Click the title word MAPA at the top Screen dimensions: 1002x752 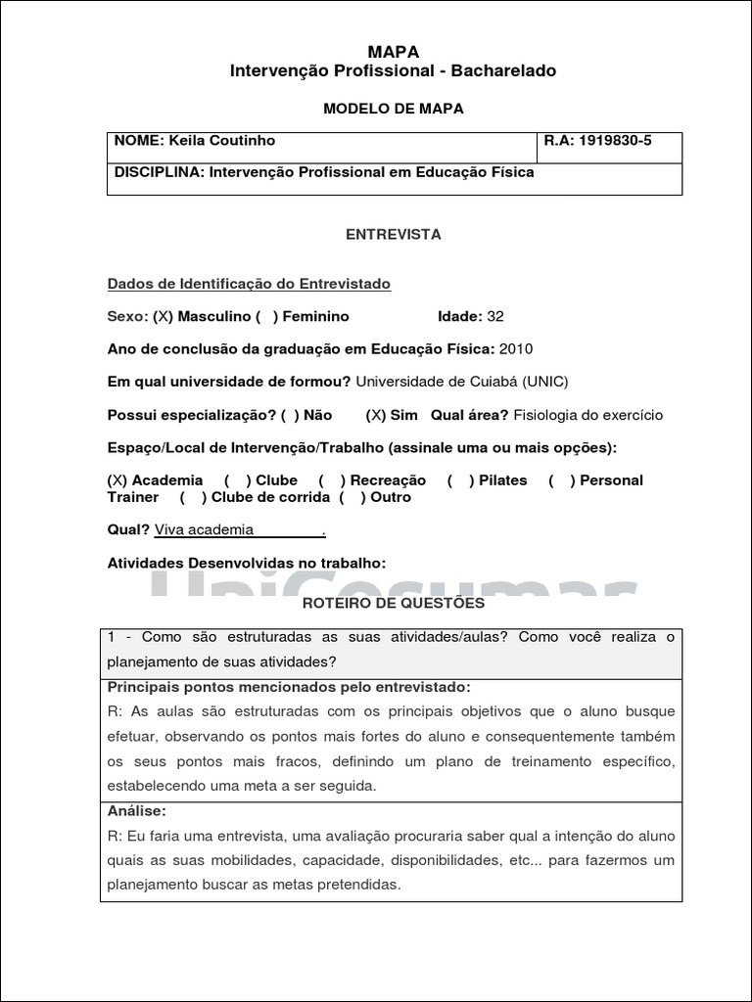393,52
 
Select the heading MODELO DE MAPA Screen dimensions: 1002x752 393,109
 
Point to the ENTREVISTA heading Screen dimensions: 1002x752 393,235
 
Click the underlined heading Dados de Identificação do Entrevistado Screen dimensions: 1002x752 249,284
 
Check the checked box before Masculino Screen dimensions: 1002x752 164,317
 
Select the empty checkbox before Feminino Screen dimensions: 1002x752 267,317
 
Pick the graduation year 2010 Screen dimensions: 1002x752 516,349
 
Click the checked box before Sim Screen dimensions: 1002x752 376,415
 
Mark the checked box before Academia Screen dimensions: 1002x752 117,480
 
